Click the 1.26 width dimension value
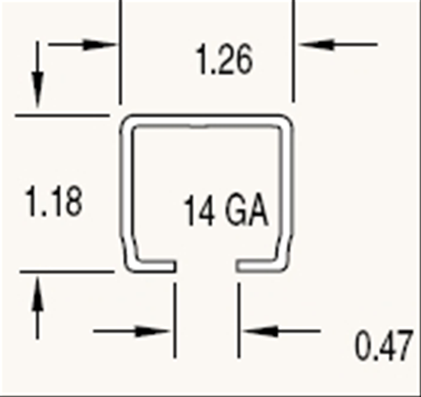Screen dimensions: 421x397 click(x=225, y=60)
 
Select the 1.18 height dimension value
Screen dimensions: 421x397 click(x=54, y=201)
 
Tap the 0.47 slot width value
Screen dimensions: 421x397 click(x=384, y=346)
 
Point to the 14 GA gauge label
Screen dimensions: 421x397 click(x=226, y=210)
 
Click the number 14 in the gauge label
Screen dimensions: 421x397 click(x=199, y=210)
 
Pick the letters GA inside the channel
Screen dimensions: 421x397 click(x=246, y=210)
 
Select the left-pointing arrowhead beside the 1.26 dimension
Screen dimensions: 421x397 click(x=316, y=45)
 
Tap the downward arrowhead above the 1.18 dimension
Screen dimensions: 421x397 click(x=38, y=90)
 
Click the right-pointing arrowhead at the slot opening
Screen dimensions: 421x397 click(x=152, y=331)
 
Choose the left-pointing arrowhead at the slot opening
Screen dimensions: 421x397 click(x=261, y=331)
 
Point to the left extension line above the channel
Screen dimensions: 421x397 click(x=120, y=52)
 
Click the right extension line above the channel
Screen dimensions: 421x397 click(x=293, y=51)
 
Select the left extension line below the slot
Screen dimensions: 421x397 click(x=175, y=320)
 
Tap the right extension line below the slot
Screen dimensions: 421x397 click(x=238, y=320)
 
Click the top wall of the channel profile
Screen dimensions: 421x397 click(x=206, y=120)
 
